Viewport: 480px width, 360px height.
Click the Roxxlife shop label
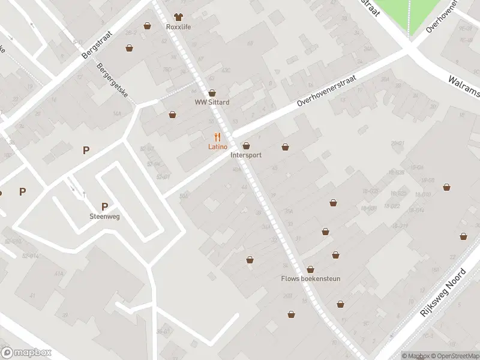click(178, 26)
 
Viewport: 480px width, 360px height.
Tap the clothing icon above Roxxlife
click(178, 17)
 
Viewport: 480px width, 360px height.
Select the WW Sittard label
click(212, 102)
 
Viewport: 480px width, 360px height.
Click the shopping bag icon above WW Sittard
click(212, 93)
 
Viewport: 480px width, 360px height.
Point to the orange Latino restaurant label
click(217, 147)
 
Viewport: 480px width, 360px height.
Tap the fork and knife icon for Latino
click(217, 137)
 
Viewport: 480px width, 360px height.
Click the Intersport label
click(246, 155)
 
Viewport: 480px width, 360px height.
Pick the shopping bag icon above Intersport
click(246, 146)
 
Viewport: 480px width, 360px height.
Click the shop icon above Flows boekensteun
click(310, 269)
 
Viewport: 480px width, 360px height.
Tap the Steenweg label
click(104, 217)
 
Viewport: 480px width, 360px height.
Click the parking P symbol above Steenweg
click(104, 206)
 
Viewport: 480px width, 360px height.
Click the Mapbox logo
click(26, 353)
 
